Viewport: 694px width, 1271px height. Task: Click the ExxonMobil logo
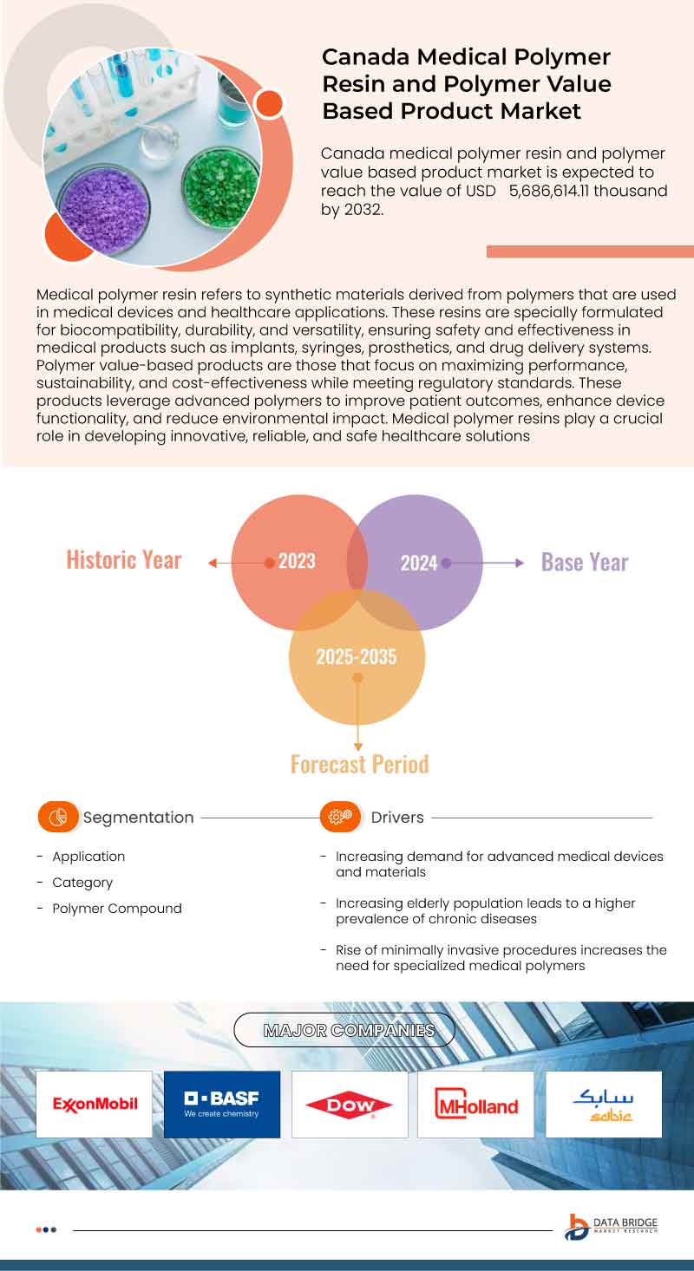[x=95, y=1104]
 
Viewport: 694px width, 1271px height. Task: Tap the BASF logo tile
[x=221, y=1104]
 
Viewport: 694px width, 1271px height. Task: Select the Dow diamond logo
[x=349, y=1105]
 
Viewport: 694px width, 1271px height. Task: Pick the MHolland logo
[x=475, y=1105]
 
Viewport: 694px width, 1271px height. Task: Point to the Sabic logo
[x=603, y=1104]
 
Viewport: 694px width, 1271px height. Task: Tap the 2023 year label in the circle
[x=297, y=561]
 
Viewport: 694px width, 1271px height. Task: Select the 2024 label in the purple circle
[x=418, y=564]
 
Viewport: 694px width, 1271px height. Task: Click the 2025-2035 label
[x=356, y=656]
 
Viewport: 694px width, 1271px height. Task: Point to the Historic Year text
[x=124, y=560]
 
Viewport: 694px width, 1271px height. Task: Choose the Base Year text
[x=585, y=562]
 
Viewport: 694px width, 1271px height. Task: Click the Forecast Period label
[x=359, y=764]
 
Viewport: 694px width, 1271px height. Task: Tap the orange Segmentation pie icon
[x=58, y=817]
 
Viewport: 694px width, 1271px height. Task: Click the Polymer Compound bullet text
[x=117, y=909]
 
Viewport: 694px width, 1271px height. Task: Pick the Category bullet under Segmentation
[x=82, y=883]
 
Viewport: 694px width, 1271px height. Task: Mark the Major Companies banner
[x=349, y=1030]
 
